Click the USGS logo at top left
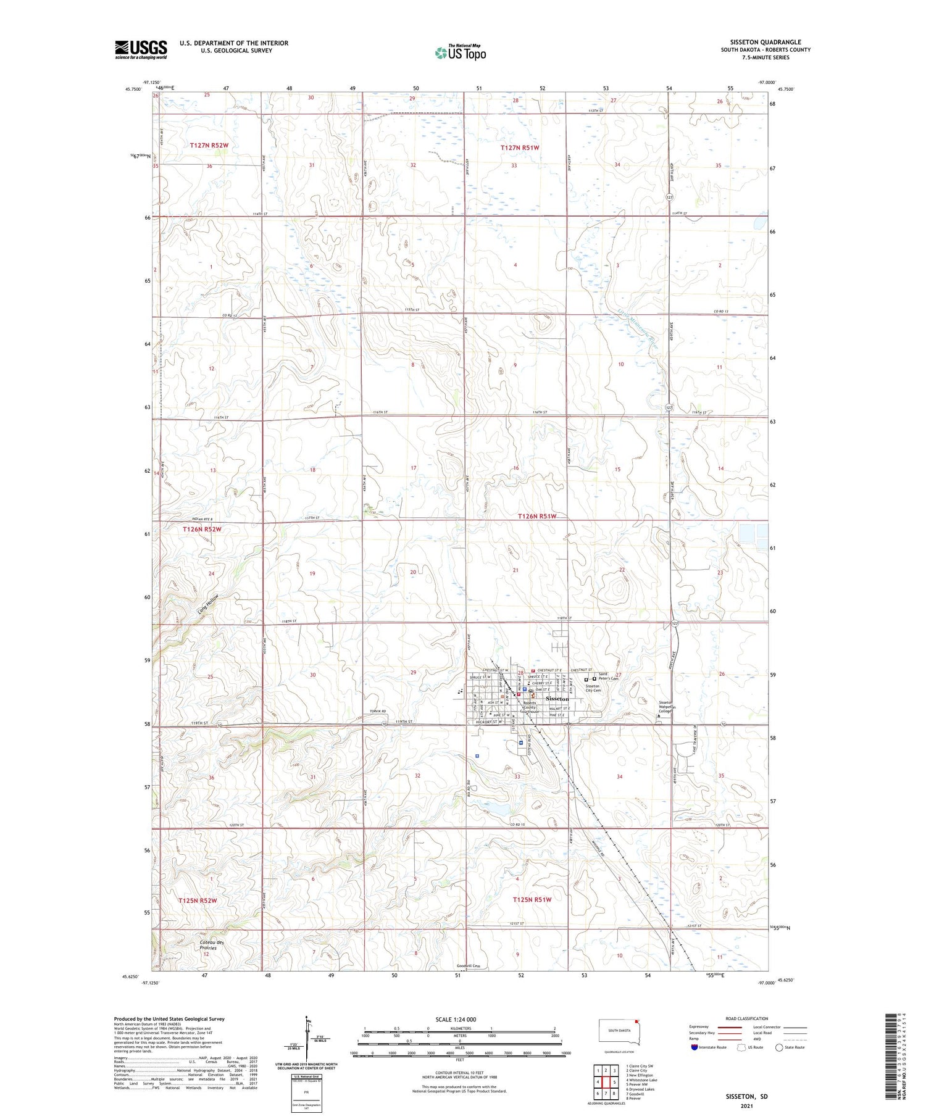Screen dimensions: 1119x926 point(141,49)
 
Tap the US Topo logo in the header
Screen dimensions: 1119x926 point(460,53)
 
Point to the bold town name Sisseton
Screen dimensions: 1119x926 point(557,698)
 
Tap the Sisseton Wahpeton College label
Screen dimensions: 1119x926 point(667,707)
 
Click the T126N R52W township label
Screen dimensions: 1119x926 point(202,529)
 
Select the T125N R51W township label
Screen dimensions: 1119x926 point(532,899)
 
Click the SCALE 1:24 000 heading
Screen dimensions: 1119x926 point(456,1019)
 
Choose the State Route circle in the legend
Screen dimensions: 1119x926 point(779,1047)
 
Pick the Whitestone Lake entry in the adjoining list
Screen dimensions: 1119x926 point(642,1080)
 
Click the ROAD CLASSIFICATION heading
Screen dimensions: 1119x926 point(747,1018)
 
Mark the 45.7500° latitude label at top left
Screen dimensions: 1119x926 point(133,89)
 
